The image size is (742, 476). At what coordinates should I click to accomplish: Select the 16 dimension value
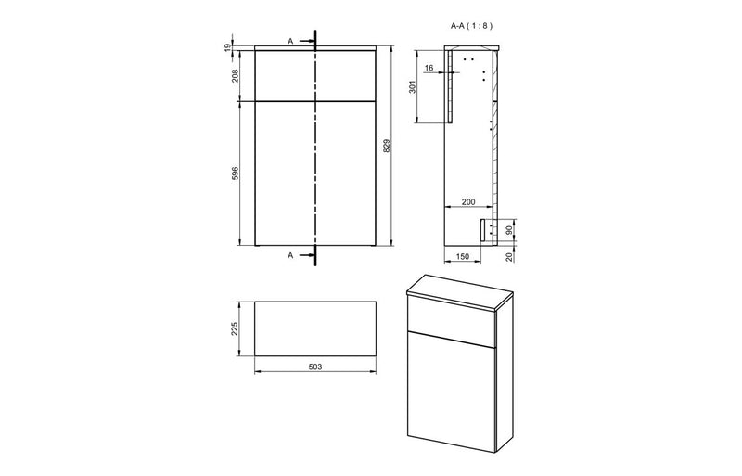pos(429,68)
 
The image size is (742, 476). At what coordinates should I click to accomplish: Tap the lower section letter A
pos(290,254)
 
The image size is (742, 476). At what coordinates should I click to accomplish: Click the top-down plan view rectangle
pos(314,328)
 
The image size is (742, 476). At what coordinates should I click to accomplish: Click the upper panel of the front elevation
pos(314,74)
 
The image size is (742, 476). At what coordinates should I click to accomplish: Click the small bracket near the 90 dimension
pos(484,230)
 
